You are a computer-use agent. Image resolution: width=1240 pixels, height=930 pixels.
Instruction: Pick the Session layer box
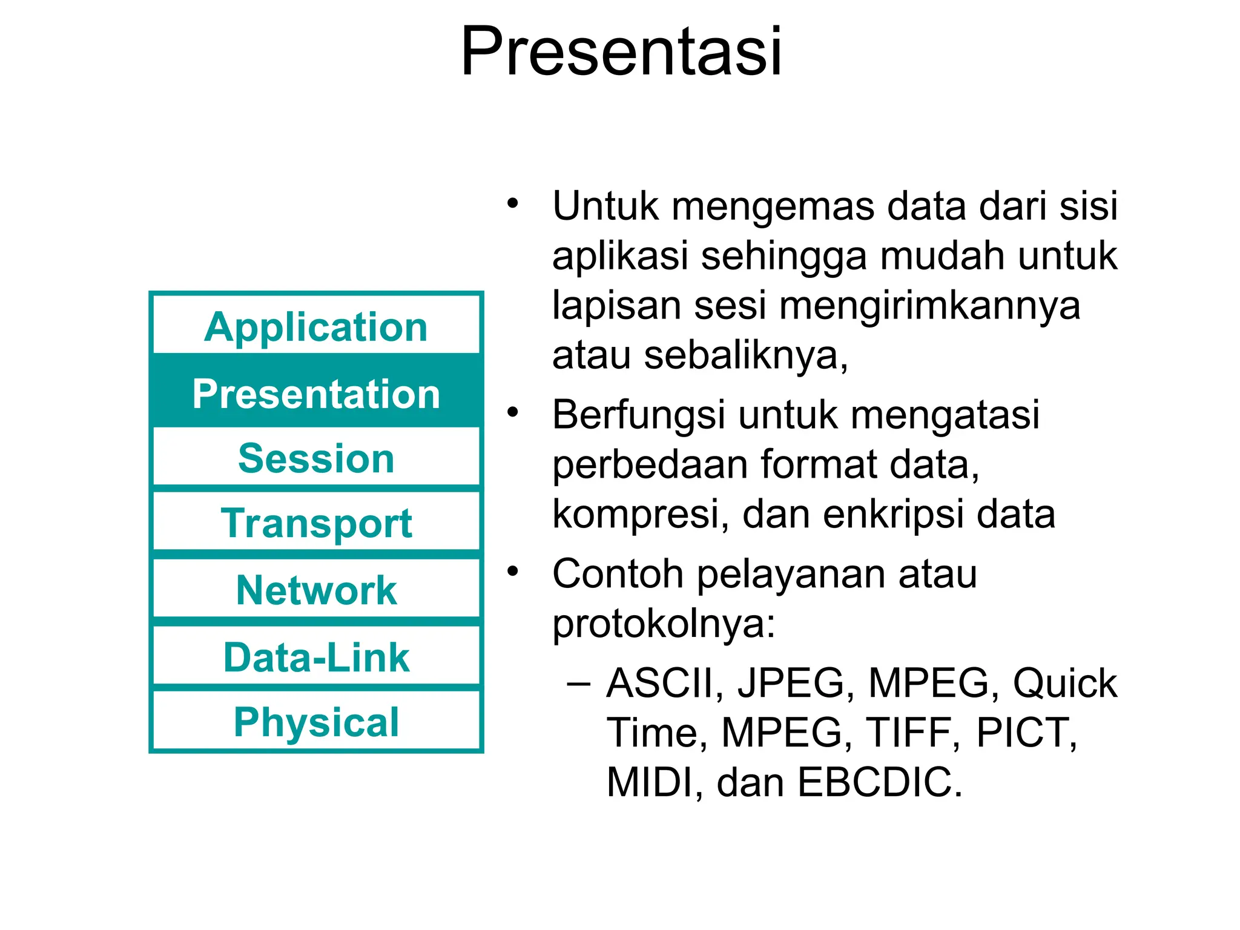[316, 458]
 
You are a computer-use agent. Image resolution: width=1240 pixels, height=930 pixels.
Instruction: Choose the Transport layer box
[316, 523]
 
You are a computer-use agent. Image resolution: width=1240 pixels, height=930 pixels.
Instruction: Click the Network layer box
[316, 590]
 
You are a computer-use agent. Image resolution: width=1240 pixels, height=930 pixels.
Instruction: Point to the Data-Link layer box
[316, 657]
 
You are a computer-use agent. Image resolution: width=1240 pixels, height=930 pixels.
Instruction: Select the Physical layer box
[316, 722]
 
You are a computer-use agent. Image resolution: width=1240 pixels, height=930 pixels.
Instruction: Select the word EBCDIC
[879, 782]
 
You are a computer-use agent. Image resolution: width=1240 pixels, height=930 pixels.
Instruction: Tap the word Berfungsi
[638, 416]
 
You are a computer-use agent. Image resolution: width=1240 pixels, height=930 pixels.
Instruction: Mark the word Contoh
[618, 573]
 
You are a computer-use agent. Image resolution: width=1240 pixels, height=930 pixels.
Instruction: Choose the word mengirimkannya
[929, 306]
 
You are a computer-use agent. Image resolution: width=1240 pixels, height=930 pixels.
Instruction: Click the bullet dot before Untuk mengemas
[513, 203]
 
